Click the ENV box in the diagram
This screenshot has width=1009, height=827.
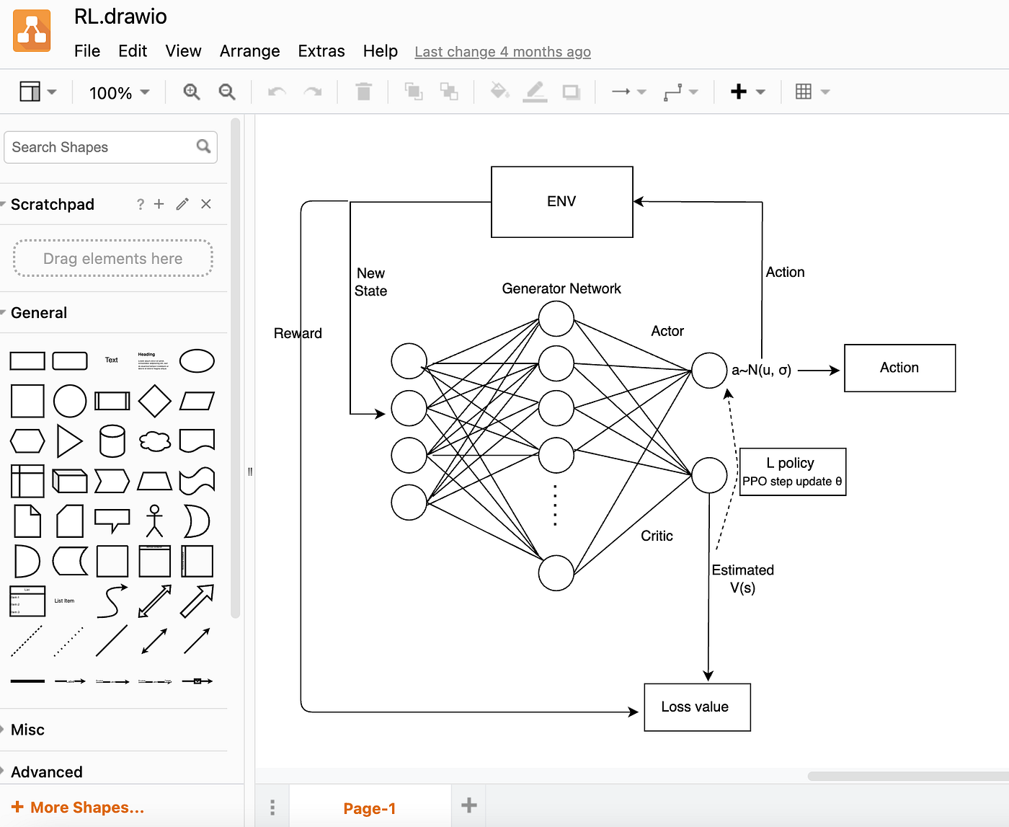pyautogui.click(x=561, y=202)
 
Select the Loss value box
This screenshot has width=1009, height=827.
pyautogui.click(x=696, y=707)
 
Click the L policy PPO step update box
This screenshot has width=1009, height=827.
pyautogui.click(x=792, y=472)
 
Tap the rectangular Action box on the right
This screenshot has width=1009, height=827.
pyautogui.click(x=899, y=368)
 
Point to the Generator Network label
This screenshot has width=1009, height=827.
pyautogui.click(x=561, y=288)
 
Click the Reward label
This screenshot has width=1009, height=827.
pyautogui.click(x=297, y=333)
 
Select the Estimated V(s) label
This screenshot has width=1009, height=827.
pyautogui.click(x=742, y=578)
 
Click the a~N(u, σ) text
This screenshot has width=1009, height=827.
pyautogui.click(x=761, y=370)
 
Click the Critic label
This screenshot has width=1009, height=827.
pyautogui.click(x=657, y=536)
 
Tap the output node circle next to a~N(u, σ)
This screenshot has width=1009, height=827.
pyautogui.click(x=709, y=371)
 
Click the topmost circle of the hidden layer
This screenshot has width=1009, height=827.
pyautogui.click(x=556, y=319)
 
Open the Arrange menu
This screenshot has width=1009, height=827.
pyautogui.click(x=249, y=51)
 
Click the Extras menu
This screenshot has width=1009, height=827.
pyautogui.click(x=321, y=51)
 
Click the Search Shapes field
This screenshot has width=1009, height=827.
pyautogui.click(x=101, y=147)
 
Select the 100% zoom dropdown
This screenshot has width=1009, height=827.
pyautogui.click(x=119, y=93)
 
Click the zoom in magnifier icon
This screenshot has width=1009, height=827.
pyautogui.click(x=191, y=92)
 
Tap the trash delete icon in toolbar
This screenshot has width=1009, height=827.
pyautogui.click(x=363, y=92)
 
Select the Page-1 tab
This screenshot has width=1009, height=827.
pyautogui.click(x=369, y=808)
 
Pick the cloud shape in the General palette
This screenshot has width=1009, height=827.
pyautogui.click(x=154, y=441)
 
